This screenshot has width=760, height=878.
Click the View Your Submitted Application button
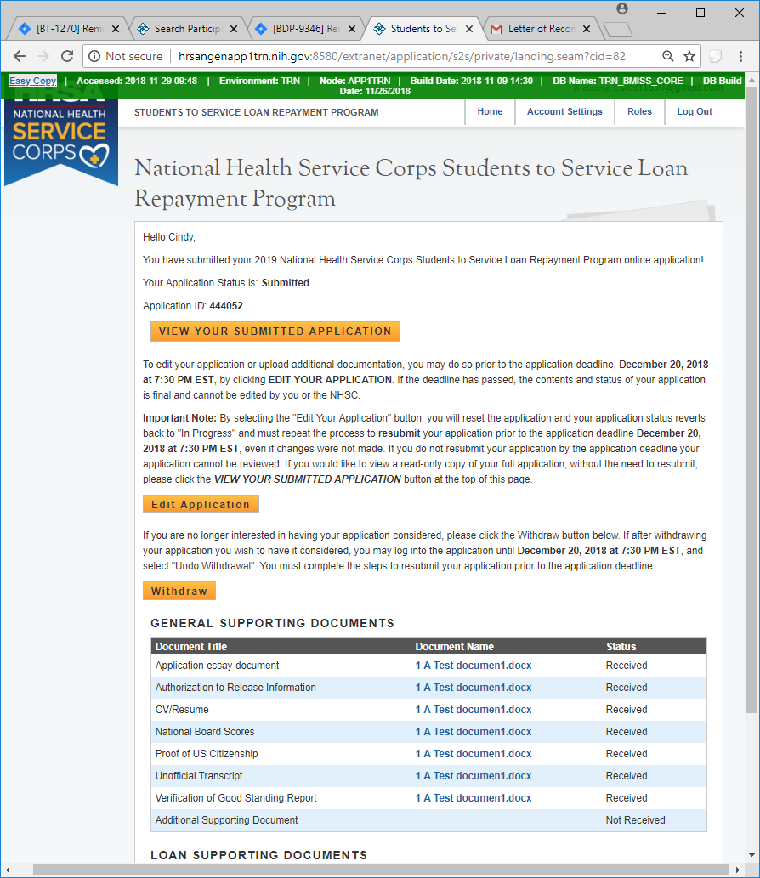pos(275,331)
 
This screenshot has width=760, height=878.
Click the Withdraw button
pos(179,591)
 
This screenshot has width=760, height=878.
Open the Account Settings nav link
pos(564,112)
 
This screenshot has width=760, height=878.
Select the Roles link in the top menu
pos(639,112)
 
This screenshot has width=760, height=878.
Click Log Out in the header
pos(695,112)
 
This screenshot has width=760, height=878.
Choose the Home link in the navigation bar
pos(490,112)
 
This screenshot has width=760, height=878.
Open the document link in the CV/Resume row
pos(474,710)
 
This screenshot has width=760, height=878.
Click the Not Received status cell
pos(635,820)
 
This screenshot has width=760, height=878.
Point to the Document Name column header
pos(454,647)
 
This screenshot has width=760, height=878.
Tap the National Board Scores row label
pos(204,732)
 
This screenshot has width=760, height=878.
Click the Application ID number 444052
pos(226,306)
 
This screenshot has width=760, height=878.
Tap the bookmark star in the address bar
pos(689,56)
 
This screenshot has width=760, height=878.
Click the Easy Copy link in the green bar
pos(33,81)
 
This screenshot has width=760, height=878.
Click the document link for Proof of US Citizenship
pos(474,754)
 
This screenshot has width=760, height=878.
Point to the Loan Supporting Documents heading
pos(258,855)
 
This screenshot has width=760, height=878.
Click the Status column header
pos(621,647)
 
